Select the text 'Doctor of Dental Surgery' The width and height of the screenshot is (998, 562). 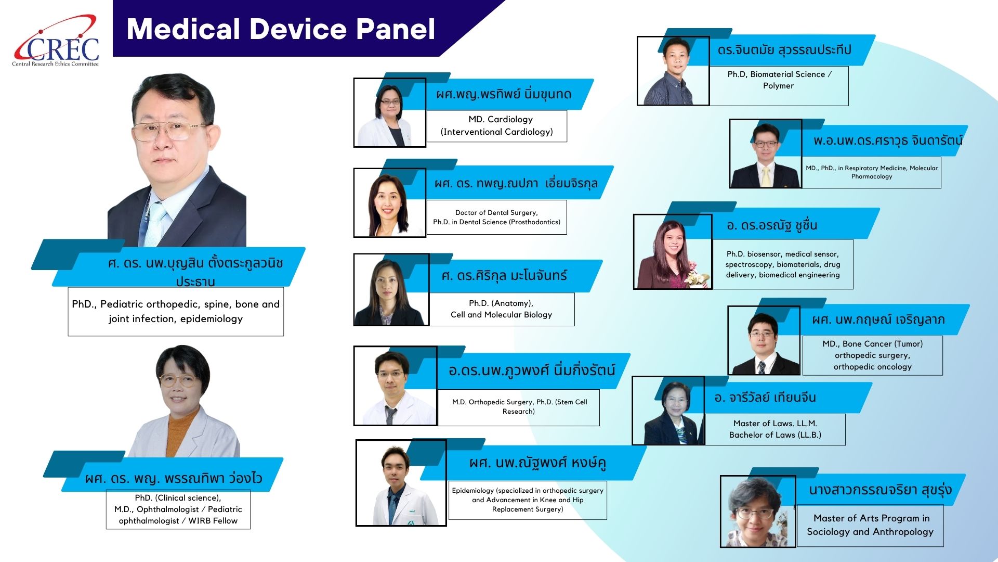coord(496,212)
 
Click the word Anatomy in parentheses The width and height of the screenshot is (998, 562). coord(511,303)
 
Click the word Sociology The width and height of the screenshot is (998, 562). coord(828,532)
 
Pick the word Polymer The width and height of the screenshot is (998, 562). coord(778,86)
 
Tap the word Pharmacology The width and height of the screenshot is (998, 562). coord(872,176)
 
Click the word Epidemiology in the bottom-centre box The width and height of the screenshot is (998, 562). coord(473,491)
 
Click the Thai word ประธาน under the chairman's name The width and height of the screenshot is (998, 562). coord(195,282)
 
